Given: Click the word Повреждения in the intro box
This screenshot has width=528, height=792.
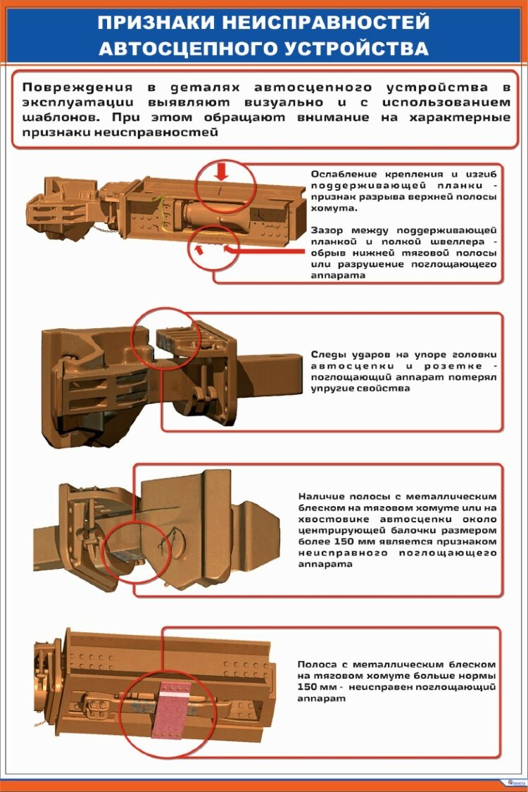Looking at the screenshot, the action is [x=78, y=88].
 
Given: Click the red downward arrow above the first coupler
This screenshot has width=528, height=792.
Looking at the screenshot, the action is [x=221, y=171].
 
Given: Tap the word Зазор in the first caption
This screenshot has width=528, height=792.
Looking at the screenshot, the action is [x=326, y=231].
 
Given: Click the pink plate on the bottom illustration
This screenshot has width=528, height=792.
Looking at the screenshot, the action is [x=170, y=710].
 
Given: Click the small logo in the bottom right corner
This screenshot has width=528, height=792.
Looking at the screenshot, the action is [x=516, y=782].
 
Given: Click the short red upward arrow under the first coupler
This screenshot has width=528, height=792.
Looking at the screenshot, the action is [x=199, y=249].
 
